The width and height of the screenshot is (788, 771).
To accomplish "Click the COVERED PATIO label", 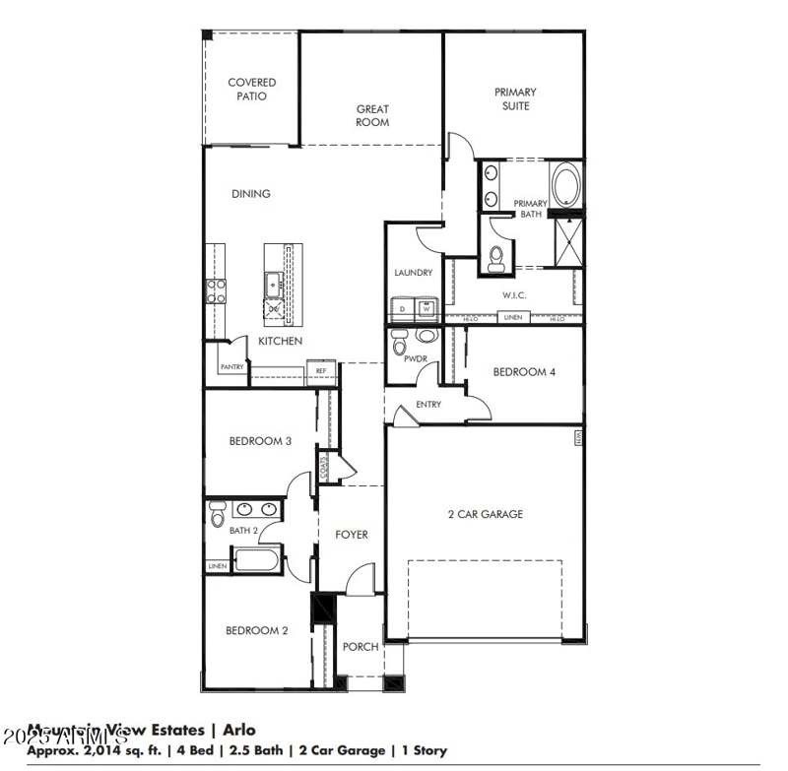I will pyautogui.click(x=252, y=90).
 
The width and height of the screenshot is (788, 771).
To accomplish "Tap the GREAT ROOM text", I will pyautogui.click(x=372, y=116).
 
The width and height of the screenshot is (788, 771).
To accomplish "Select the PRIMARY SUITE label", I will pyautogui.click(x=515, y=98).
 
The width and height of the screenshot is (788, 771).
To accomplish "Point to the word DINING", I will pyautogui.click(x=251, y=194).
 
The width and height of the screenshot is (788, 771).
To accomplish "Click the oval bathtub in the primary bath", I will pyautogui.click(x=565, y=186).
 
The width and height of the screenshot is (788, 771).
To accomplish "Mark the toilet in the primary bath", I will pyautogui.click(x=497, y=259).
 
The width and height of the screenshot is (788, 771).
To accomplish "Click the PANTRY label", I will pyautogui.click(x=232, y=367).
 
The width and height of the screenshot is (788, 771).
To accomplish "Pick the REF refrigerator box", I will pyautogui.click(x=320, y=371).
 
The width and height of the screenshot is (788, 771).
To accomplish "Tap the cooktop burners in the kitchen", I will pyautogui.click(x=216, y=290).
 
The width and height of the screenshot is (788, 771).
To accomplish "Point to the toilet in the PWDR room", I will pyautogui.click(x=400, y=344).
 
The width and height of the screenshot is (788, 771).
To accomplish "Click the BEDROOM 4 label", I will pyautogui.click(x=524, y=372).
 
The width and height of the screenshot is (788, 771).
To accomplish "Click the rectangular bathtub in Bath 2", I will pyautogui.click(x=258, y=562).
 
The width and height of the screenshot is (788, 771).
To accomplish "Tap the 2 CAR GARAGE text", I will pyautogui.click(x=486, y=514).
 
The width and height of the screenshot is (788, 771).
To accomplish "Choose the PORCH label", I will pyautogui.click(x=361, y=647).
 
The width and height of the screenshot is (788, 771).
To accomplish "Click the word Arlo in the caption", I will pyautogui.click(x=238, y=730).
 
